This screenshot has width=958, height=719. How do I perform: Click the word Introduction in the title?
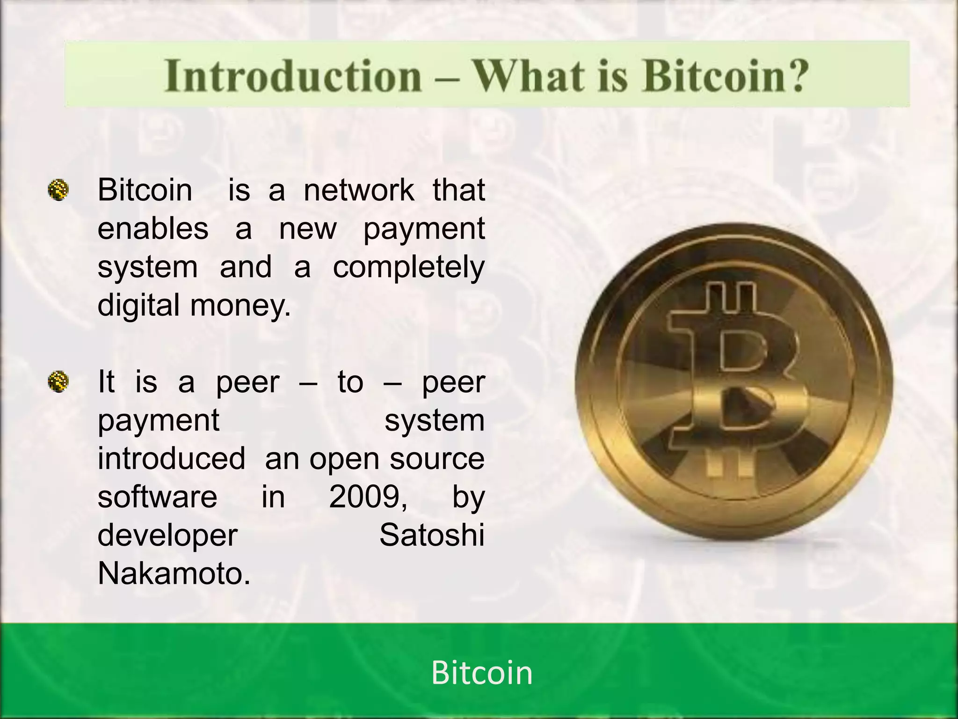coord(293,76)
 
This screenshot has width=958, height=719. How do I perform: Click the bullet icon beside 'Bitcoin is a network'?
coord(58,191)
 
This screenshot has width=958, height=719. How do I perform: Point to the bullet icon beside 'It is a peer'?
coord(58,382)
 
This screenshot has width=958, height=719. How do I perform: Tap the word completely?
coord(408,268)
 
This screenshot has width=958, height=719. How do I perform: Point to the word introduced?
coord(171,458)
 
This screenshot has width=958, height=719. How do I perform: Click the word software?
coord(157,497)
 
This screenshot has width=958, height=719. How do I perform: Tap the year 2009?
coord(367,497)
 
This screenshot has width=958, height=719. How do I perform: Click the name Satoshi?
coord(432,535)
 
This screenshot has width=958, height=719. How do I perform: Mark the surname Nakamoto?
coord(174,573)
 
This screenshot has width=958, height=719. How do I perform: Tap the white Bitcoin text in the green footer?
coord(481,673)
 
